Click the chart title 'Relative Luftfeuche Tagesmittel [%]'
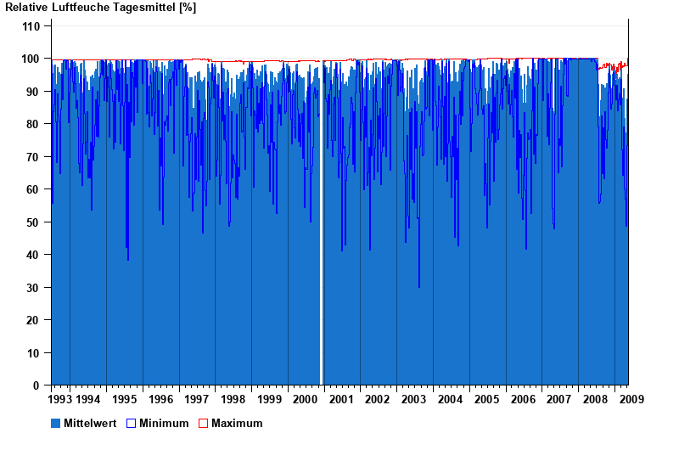(100, 8)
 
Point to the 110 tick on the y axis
(31, 26)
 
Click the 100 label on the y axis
(31, 59)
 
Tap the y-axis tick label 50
(34, 222)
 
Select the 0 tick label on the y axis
(37, 385)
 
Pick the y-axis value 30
(34, 288)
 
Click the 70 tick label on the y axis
(34, 157)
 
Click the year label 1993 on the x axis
(59, 399)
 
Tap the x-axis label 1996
(160, 399)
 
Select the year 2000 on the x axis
(306, 399)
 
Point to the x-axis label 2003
(414, 399)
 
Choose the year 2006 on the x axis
(523, 399)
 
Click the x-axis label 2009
(631, 399)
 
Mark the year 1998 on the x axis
(233, 399)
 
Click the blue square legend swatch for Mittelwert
(56, 423)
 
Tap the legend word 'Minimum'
(164, 423)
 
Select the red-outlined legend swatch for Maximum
(204, 423)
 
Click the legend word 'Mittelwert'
(89, 423)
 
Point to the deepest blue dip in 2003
(418, 286)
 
